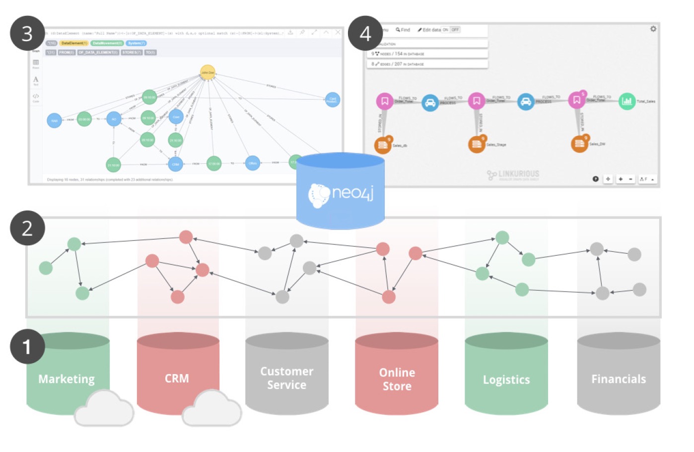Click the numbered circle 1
27,346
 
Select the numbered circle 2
27,228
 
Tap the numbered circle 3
27,34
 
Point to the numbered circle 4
365,34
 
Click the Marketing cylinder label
67,379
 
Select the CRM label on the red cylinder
177,378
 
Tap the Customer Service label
286,378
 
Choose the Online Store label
397,379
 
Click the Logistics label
506,379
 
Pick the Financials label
619,379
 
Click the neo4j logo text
352,193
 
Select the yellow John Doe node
208,73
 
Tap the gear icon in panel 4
653,29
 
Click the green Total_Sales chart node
627,101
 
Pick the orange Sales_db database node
383,145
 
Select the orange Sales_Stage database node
477,144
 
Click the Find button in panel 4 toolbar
403,30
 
